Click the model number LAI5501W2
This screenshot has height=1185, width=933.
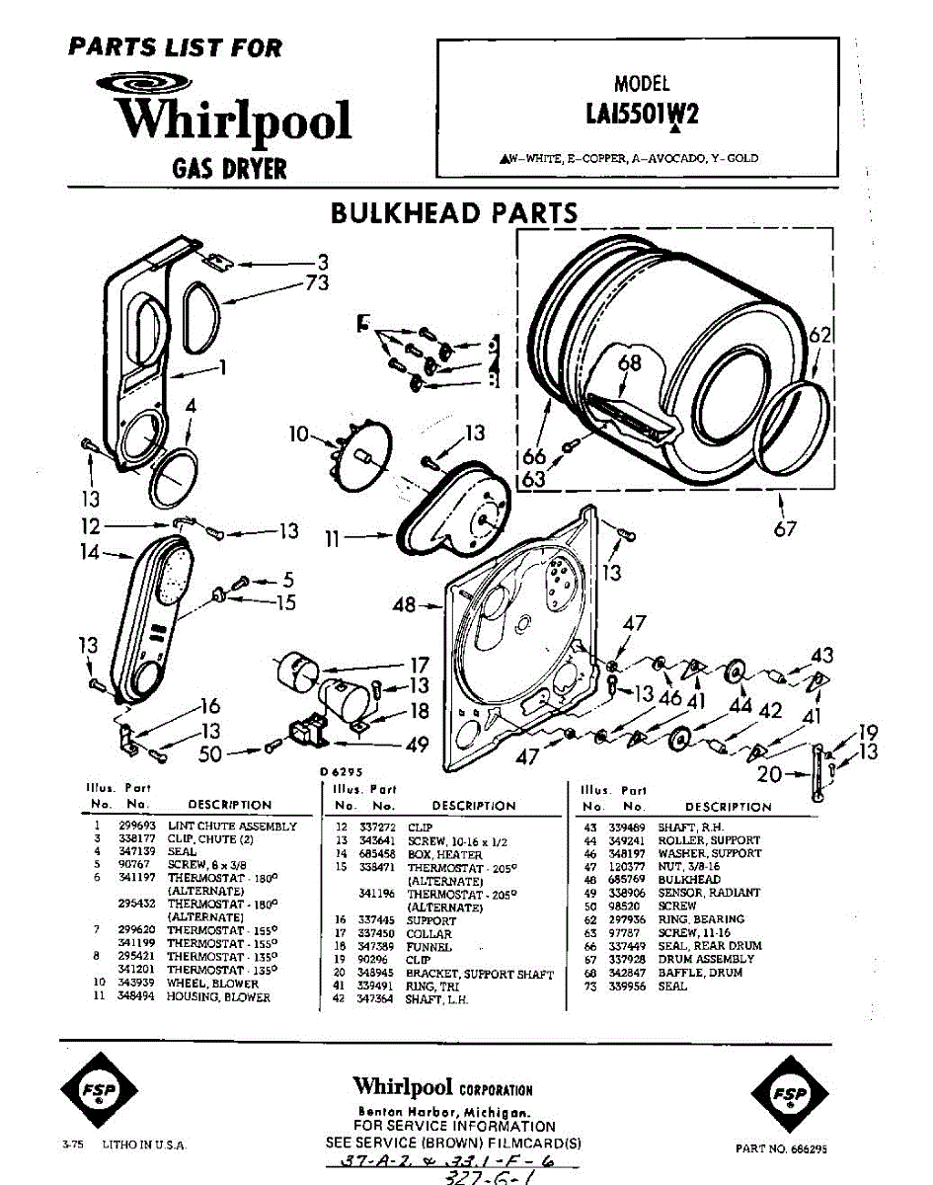coord(641,115)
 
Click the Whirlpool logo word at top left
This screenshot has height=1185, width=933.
coord(233,120)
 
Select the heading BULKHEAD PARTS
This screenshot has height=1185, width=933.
coord(454,213)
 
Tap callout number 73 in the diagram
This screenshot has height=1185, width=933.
coord(317,282)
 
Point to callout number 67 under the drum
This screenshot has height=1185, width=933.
coord(785,529)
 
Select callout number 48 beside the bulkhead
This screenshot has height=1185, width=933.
coord(405,605)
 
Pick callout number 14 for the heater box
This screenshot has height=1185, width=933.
coord(91,553)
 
